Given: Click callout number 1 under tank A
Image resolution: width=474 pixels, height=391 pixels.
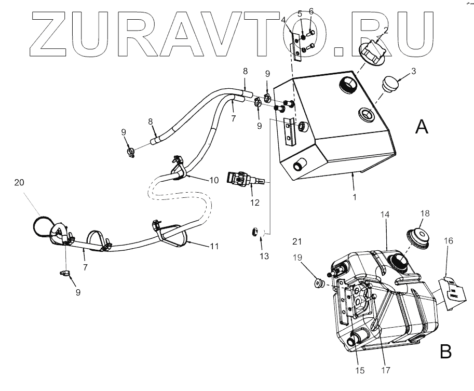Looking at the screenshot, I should pos(355,198).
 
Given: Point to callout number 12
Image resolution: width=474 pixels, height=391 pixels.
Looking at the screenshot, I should pos(255,203).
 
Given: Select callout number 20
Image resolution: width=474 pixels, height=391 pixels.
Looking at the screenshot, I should pos(19,182).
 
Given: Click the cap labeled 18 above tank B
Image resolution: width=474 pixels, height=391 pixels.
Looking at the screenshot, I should pos(421,236).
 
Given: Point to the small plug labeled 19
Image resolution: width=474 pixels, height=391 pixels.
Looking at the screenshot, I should pos(318,284).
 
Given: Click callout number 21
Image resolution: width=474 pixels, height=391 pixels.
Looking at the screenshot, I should pos(296,241).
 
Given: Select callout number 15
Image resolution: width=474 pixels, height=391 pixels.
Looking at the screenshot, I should pos(360,371).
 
